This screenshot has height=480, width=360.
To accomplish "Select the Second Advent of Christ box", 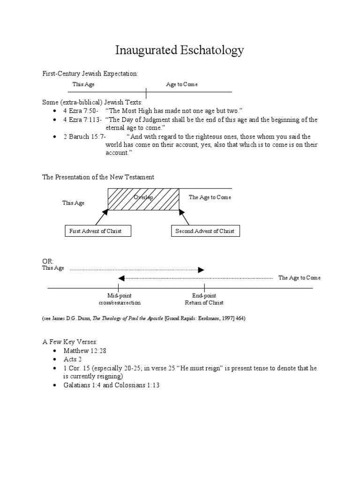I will point(204,231).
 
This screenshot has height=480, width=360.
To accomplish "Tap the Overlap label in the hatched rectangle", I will point(143,198).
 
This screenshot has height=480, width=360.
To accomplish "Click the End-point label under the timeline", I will point(204,296).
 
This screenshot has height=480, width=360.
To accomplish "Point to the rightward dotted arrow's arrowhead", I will point(201,270).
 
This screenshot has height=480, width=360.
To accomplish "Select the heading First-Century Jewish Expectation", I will point(90,74).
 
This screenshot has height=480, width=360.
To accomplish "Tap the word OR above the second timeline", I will point(48,261).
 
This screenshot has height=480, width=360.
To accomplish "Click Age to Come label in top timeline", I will point(182,84).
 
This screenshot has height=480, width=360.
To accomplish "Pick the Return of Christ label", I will point(204,303).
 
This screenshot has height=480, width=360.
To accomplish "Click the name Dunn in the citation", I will point(82,318).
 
